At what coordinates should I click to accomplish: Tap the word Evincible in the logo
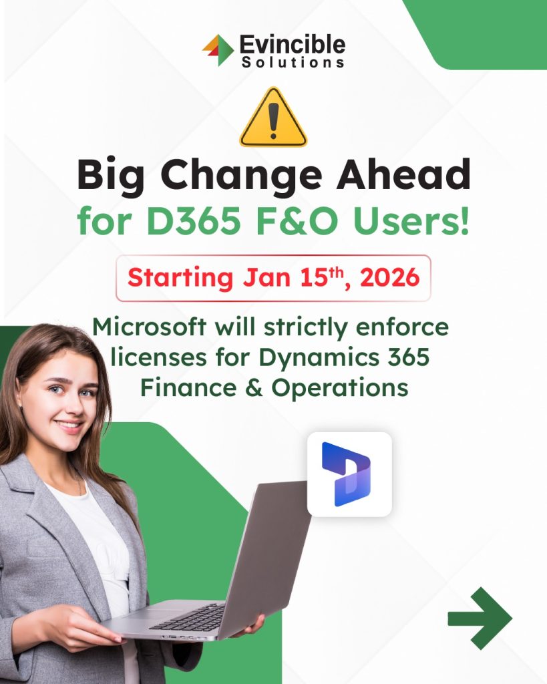point(293,45)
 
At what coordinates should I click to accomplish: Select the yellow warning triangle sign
point(273,117)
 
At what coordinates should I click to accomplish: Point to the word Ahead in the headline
point(403,174)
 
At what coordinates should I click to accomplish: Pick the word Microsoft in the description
point(149,327)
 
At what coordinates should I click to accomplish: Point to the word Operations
point(340,388)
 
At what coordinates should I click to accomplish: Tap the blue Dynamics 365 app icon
point(349,474)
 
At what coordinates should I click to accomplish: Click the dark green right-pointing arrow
point(480,618)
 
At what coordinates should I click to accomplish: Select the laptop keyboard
point(188,617)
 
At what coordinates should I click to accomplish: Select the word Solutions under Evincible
point(293,62)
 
